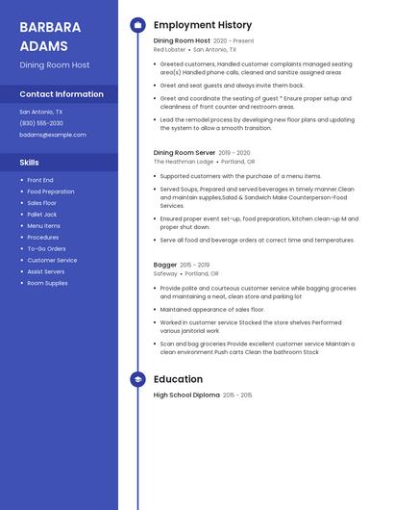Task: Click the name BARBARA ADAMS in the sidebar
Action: pyautogui.click(x=44, y=35)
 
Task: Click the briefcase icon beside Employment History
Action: pyautogui.click(x=137, y=25)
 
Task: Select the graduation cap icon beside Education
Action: pyautogui.click(x=137, y=379)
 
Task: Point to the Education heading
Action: pyautogui.click(x=178, y=379)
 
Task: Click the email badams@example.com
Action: pyautogui.click(x=53, y=135)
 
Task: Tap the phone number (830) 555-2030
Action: pyautogui.click(x=41, y=123)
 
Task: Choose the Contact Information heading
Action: pyautogui.click(x=62, y=94)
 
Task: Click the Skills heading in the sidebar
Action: pyautogui.click(x=30, y=163)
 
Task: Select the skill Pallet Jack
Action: pyautogui.click(x=41, y=215)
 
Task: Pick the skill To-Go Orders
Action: pyautogui.click(x=46, y=248)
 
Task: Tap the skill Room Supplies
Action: pyautogui.click(x=47, y=283)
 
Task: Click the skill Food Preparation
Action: pyautogui.click(x=50, y=191)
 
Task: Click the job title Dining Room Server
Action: pyautogui.click(x=185, y=152)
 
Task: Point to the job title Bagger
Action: pyautogui.click(x=165, y=265)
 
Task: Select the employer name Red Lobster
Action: pyautogui.click(x=168, y=49)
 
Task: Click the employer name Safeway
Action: pyautogui.click(x=165, y=273)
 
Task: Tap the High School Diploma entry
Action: pyautogui.click(x=186, y=395)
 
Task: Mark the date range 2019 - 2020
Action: pyautogui.click(x=234, y=153)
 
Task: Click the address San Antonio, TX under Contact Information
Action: pyautogui.click(x=41, y=112)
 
